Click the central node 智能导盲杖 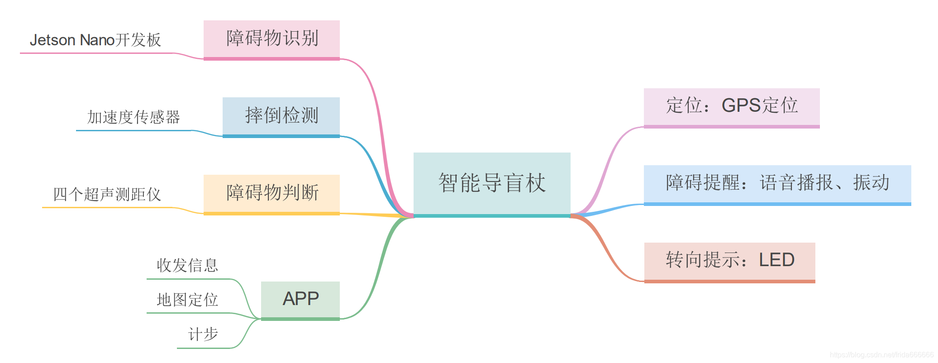point(492,183)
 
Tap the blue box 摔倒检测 point(281,116)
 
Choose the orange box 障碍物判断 point(271,193)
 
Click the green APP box point(300,299)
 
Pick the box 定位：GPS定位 point(731,106)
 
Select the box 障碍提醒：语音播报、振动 point(777,183)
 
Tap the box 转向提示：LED point(729,260)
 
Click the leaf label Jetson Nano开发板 point(95,40)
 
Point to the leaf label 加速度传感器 point(133,117)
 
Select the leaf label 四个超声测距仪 point(107,195)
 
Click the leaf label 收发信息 point(187,265)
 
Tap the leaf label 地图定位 point(187,300)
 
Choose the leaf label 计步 point(203,334)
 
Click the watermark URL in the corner point(881,355)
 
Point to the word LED point(776,260)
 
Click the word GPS point(741,106)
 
